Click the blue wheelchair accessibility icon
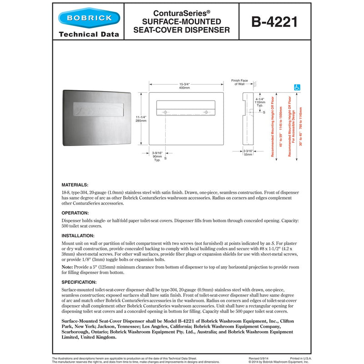[x=297, y=87]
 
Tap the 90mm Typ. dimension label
[x=157, y=154]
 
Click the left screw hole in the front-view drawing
[x=166, y=112]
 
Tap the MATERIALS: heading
[x=75, y=185]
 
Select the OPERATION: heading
[x=76, y=212]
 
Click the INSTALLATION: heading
[x=78, y=236]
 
